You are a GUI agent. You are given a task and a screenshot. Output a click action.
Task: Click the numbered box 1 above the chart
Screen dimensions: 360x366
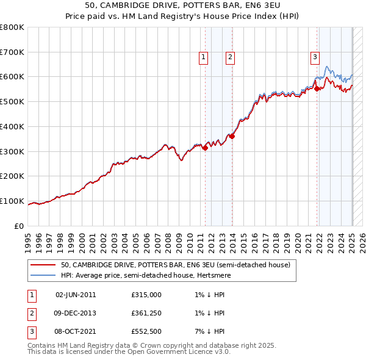tap(203, 58)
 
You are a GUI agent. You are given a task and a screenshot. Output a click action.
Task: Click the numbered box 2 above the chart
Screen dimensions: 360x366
tap(230, 58)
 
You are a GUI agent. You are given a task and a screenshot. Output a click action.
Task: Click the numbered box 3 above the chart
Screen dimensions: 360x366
tap(315, 58)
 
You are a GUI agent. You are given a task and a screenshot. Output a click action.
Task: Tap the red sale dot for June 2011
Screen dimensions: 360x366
tap(205, 147)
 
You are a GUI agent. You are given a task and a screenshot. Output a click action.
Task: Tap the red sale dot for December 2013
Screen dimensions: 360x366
tap(232, 136)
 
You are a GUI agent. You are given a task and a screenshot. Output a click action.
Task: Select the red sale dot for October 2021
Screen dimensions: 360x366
tap(317, 88)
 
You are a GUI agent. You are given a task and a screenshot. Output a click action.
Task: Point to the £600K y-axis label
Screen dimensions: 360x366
tap(12, 77)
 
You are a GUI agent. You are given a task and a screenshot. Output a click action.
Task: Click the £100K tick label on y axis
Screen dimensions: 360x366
tap(12, 201)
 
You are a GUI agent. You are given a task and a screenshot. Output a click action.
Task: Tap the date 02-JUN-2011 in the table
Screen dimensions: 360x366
tap(76, 294)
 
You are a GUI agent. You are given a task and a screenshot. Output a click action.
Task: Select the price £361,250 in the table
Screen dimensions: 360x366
tap(146, 313)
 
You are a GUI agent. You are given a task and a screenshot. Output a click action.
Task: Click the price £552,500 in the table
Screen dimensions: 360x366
tap(146, 332)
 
